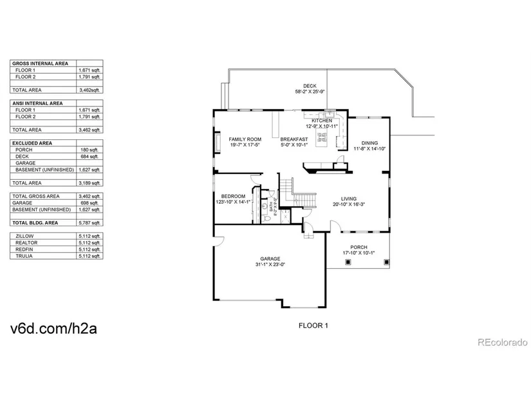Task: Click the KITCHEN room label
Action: click(x=322, y=121)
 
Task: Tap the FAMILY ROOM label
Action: click(x=245, y=139)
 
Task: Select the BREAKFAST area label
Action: click(x=293, y=139)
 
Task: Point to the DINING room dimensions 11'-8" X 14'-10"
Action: click(x=369, y=149)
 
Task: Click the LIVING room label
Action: click(x=349, y=199)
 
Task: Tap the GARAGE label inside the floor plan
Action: click(x=270, y=258)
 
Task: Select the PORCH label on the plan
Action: click(x=359, y=248)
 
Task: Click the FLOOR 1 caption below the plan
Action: click(x=313, y=326)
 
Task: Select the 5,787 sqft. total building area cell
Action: click(x=91, y=222)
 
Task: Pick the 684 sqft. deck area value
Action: click(x=91, y=157)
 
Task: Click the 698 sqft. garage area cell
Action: click(x=91, y=202)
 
